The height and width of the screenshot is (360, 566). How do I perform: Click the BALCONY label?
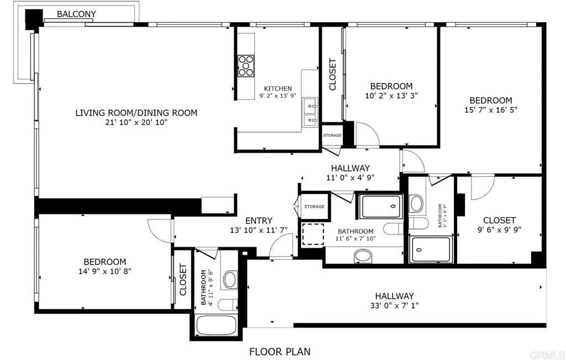click(76, 14)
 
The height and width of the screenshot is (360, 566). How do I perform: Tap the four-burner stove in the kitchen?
click(246, 66)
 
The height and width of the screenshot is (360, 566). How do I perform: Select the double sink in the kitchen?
click(310, 111)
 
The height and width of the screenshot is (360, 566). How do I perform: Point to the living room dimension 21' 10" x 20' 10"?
click(136, 123)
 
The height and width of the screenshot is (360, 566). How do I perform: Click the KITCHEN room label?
click(277, 88)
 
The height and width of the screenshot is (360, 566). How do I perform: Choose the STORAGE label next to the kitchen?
click(332, 135)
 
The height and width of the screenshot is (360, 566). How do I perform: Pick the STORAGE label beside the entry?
click(314, 206)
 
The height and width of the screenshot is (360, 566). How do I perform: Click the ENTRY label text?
click(259, 221)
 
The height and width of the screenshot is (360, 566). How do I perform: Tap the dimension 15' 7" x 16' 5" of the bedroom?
click(491, 109)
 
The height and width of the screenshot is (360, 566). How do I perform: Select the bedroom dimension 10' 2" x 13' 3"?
click(391, 95)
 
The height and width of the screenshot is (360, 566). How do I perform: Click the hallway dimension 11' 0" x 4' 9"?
click(350, 178)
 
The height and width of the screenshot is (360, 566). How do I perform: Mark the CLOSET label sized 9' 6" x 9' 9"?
click(499, 220)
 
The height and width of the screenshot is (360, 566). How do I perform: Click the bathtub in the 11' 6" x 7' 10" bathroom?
click(381, 206)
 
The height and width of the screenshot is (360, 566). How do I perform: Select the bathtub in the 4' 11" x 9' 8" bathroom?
click(217, 325)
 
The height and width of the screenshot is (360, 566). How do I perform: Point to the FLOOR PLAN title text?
click(280, 351)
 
